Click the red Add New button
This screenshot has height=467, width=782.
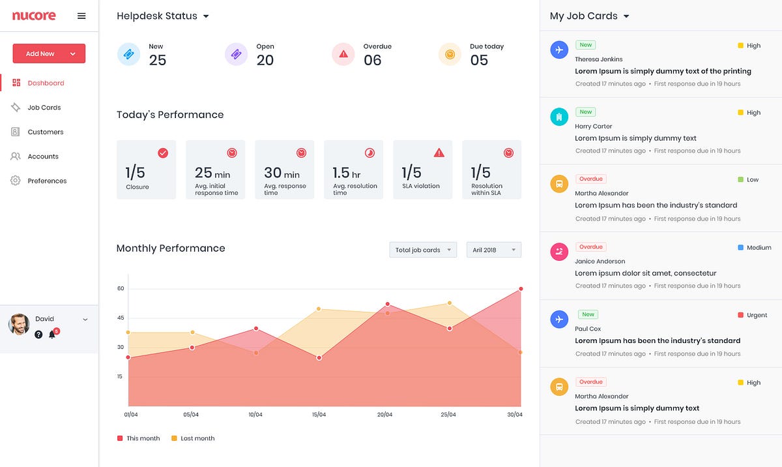[x=49, y=53]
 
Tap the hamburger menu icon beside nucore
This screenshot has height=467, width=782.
[x=81, y=16]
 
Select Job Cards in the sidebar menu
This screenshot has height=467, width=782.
[x=44, y=108]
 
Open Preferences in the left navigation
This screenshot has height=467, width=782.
[x=47, y=181]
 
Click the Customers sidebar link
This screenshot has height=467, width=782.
[x=45, y=132]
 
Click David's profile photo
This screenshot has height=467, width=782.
[x=19, y=324]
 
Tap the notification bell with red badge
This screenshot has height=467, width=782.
[x=53, y=334]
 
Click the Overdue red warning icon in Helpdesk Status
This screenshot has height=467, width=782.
[x=343, y=54]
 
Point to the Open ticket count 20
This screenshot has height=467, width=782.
[x=265, y=60]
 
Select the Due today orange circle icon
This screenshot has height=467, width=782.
[x=450, y=54]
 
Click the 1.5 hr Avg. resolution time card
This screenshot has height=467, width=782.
[x=353, y=169]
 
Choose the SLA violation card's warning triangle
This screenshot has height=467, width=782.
[x=439, y=153]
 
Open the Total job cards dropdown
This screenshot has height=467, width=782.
[x=423, y=250]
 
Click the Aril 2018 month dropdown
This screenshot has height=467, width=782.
[x=493, y=250]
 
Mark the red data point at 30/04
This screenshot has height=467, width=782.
[x=521, y=288]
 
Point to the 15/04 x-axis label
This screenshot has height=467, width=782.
[x=319, y=415]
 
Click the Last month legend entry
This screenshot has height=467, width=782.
[x=193, y=438]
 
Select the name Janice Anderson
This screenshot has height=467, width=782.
[x=600, y=261]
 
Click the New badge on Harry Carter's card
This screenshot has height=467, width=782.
[x=586, y=112]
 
